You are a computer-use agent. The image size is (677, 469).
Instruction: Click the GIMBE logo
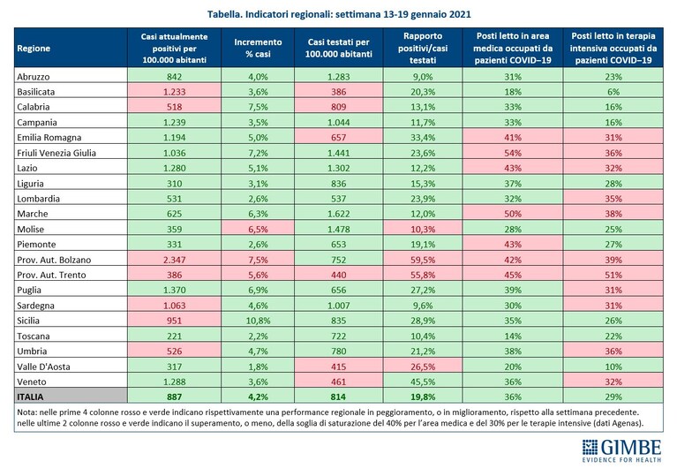pos(621,450)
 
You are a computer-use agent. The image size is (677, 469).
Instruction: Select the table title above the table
pos(339,14)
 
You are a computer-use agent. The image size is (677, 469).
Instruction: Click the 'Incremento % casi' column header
pos(258,48)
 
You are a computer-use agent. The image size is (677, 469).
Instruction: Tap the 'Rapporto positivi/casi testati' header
pos(423,48)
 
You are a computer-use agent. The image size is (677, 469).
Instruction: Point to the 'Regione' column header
pos(34,49)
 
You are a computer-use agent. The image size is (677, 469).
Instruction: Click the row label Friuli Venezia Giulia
pos(56,153)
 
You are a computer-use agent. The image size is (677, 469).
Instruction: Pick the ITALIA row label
pos(30,397)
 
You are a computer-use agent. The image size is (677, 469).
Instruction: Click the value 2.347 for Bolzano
pos(175,260)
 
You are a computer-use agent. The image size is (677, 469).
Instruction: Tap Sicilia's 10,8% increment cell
pos(258,321)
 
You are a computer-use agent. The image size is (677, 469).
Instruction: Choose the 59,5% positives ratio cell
pos(423,260)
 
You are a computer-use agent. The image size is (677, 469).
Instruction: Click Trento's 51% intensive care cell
pos(613,275)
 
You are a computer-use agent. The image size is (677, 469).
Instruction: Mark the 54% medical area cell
pos(513,153)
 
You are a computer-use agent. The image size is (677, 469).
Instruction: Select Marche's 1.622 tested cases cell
pos(339,214)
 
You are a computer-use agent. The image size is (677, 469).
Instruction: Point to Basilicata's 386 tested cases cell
pos(339,92)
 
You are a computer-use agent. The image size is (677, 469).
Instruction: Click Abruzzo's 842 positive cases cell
pos(175,77)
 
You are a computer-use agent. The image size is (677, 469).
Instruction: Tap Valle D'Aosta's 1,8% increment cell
pos(258,367)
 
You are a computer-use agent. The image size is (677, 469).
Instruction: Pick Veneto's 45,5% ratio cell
pos(423,382)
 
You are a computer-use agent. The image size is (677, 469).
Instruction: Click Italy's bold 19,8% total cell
pos(423,397)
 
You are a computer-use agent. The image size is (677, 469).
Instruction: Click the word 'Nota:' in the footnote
pos(26,412)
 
